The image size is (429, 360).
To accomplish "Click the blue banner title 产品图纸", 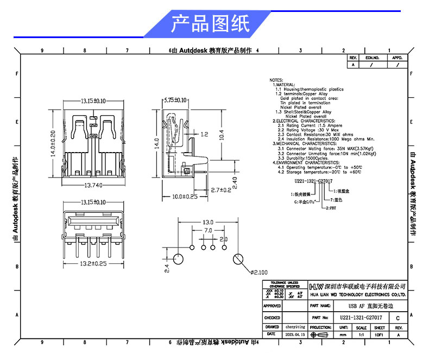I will pyautogui.click(x=210, y=24).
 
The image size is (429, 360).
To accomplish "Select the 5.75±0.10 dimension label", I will pyautogui.click(x=175, y=100).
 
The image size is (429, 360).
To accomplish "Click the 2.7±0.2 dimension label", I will pyautogui.click(x=220, y=190).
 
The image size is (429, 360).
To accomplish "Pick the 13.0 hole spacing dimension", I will pyautogui.click(x=207, y=223).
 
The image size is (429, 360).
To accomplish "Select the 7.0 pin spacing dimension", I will pyautogui.click(x=207, y=231).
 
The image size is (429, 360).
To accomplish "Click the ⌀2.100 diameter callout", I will pyautogui.click(x=260, y=271).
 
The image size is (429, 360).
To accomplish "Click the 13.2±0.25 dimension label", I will pyautogui.click(x=93, y=263).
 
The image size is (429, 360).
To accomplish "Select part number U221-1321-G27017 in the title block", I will pyautogui.click(x=361, y=317).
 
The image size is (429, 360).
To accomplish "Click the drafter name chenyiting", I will pyautogui.click(x=294, y=327).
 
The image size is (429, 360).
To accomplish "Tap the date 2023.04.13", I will pyautogui.click(x=294, y=335).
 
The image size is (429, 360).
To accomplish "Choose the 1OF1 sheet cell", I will pyautogui.click(x=379, y=335).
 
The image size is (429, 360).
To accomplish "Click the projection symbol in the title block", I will pyautogui.click(x=320, y=335).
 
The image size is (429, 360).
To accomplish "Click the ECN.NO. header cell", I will pyautogui.click(x=372, y=57).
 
